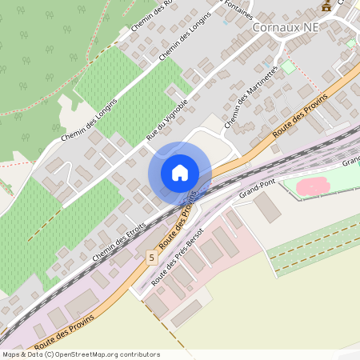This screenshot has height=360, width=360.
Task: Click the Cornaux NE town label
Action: [291, 26]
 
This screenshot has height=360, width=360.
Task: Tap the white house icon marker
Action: [180, 172]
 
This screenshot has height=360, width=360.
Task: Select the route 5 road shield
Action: [150, 257]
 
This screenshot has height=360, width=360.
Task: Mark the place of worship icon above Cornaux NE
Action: [326, 6]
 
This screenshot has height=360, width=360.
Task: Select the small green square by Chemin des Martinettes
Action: [288, 66]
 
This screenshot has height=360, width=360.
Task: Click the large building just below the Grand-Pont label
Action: [268, 207]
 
